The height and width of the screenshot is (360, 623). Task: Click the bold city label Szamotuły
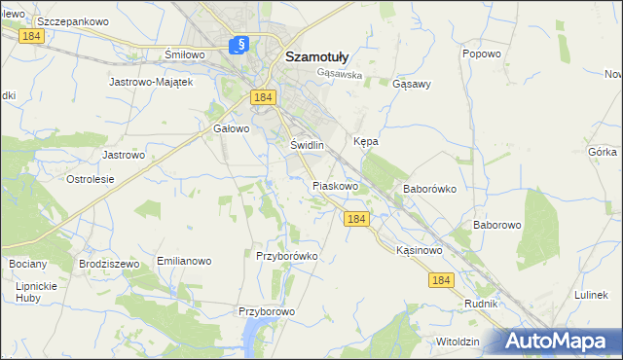(x=324, y=56)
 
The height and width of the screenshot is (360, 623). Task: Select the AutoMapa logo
(x=559, y=342)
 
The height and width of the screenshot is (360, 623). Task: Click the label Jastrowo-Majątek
(x=154, y=82)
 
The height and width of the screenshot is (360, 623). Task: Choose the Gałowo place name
(x=232, y=127)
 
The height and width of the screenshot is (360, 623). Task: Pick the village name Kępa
(x=366, y=141)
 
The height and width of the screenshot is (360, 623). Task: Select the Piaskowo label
(x=336, y=185)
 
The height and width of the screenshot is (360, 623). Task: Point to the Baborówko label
(x=429, y=189)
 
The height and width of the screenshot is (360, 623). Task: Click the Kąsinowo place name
(x=421, y=250)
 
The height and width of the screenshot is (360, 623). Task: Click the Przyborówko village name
(x=286, y=256)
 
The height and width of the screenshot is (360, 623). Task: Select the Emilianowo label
(x=184, y=262)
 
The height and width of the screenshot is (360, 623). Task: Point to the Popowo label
(x=482, y=54)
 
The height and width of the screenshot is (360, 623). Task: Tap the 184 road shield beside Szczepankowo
(x=32, y=34)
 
